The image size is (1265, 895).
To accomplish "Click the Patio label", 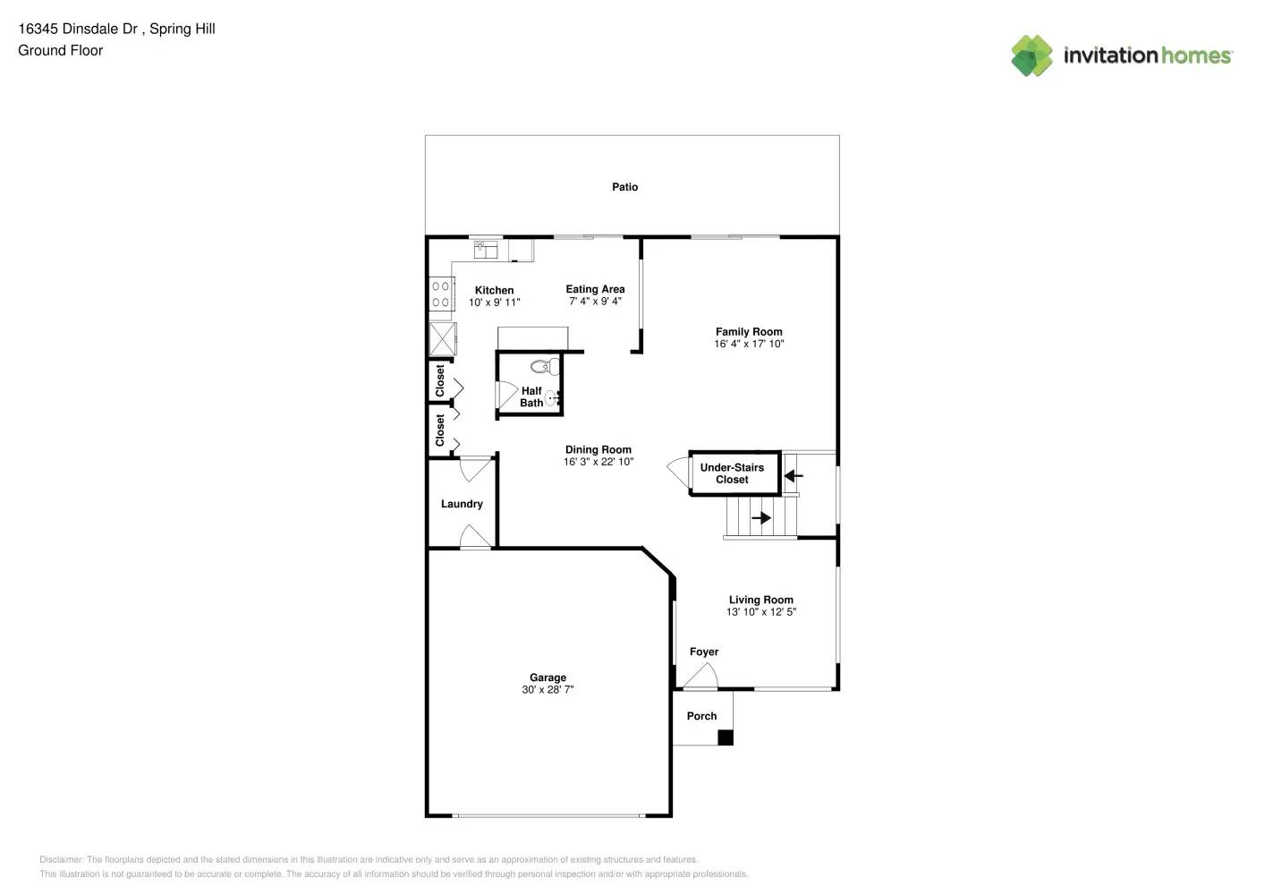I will pos(624,187).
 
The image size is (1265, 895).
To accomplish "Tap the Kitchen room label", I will pos(494,290).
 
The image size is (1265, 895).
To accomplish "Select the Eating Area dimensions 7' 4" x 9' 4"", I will pos(595,302).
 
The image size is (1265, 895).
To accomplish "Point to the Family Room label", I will pos(749,331).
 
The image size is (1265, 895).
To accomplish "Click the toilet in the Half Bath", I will pos(543,366).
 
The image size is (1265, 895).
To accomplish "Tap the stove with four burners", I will pos(441,294).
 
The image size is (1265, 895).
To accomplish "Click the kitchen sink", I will pos(486,249).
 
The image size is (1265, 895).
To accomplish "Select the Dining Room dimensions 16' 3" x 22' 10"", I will pos(599,462).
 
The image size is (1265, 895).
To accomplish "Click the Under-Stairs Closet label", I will pos(732,473).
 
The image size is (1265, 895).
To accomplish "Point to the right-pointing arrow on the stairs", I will pos(761,517).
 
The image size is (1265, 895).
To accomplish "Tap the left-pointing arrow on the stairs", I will pos(793,475).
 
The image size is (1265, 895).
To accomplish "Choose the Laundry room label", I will pos(462,504).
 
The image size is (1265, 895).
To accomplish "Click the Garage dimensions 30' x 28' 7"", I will pos(548,690).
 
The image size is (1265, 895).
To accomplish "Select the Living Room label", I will pos(760,600).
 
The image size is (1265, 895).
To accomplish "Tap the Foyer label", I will pos(704,652).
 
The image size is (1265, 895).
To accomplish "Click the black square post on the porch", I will pos(726,737).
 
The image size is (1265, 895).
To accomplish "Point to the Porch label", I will pos(701,716).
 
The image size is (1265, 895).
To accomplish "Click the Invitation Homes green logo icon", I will pos(1032,55).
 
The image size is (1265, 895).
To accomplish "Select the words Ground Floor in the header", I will pos(61,51).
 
